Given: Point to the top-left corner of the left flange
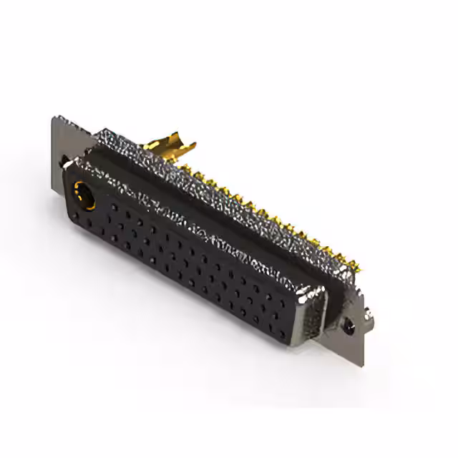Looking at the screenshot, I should [54, 117].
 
